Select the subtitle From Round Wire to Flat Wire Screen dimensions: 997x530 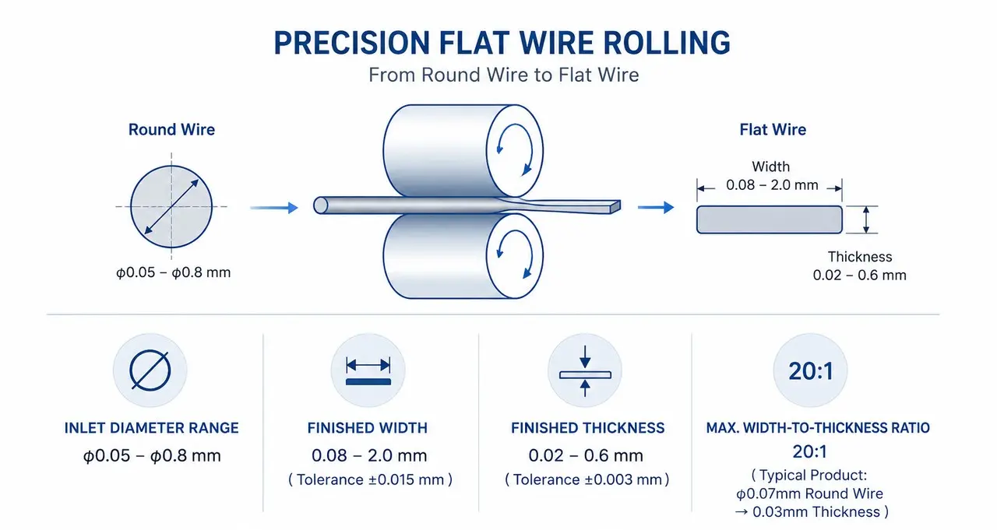[x=503, y=75]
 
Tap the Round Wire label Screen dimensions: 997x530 [x=171, y=129]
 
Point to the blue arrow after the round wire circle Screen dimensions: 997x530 [x=273, y=208]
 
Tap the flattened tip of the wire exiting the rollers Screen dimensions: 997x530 [x=615, y=207]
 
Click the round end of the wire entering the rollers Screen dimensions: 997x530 [x=320, y=205]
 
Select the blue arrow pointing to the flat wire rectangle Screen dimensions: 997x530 [x=656, y=207]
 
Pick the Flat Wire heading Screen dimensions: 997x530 [x=773, y=129]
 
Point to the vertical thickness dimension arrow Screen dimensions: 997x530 [x=866, y=219]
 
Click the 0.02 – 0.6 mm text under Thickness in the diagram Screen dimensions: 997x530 [x=859, y=276]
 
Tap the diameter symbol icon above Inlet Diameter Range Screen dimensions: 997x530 [x=150, y=370]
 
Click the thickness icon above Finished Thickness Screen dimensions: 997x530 [x=585, y=370]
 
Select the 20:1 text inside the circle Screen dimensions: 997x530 [x=811, y=371]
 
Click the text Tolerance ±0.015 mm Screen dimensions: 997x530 [x=370, y=479]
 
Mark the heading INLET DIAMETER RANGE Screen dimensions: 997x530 [x=151, y=428]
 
